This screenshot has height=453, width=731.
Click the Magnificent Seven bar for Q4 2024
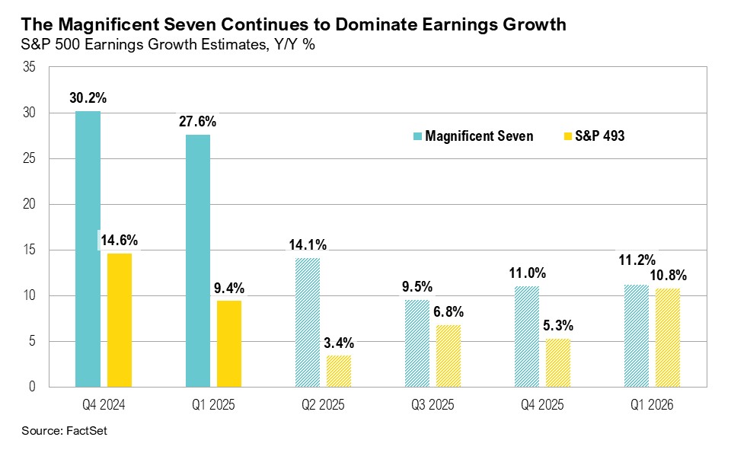(88, 249)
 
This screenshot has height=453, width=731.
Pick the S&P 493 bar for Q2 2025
(340, 371)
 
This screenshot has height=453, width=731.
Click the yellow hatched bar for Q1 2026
(668, 337)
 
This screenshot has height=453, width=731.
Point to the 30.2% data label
(88, 97)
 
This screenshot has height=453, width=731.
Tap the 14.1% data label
(308, 244)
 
